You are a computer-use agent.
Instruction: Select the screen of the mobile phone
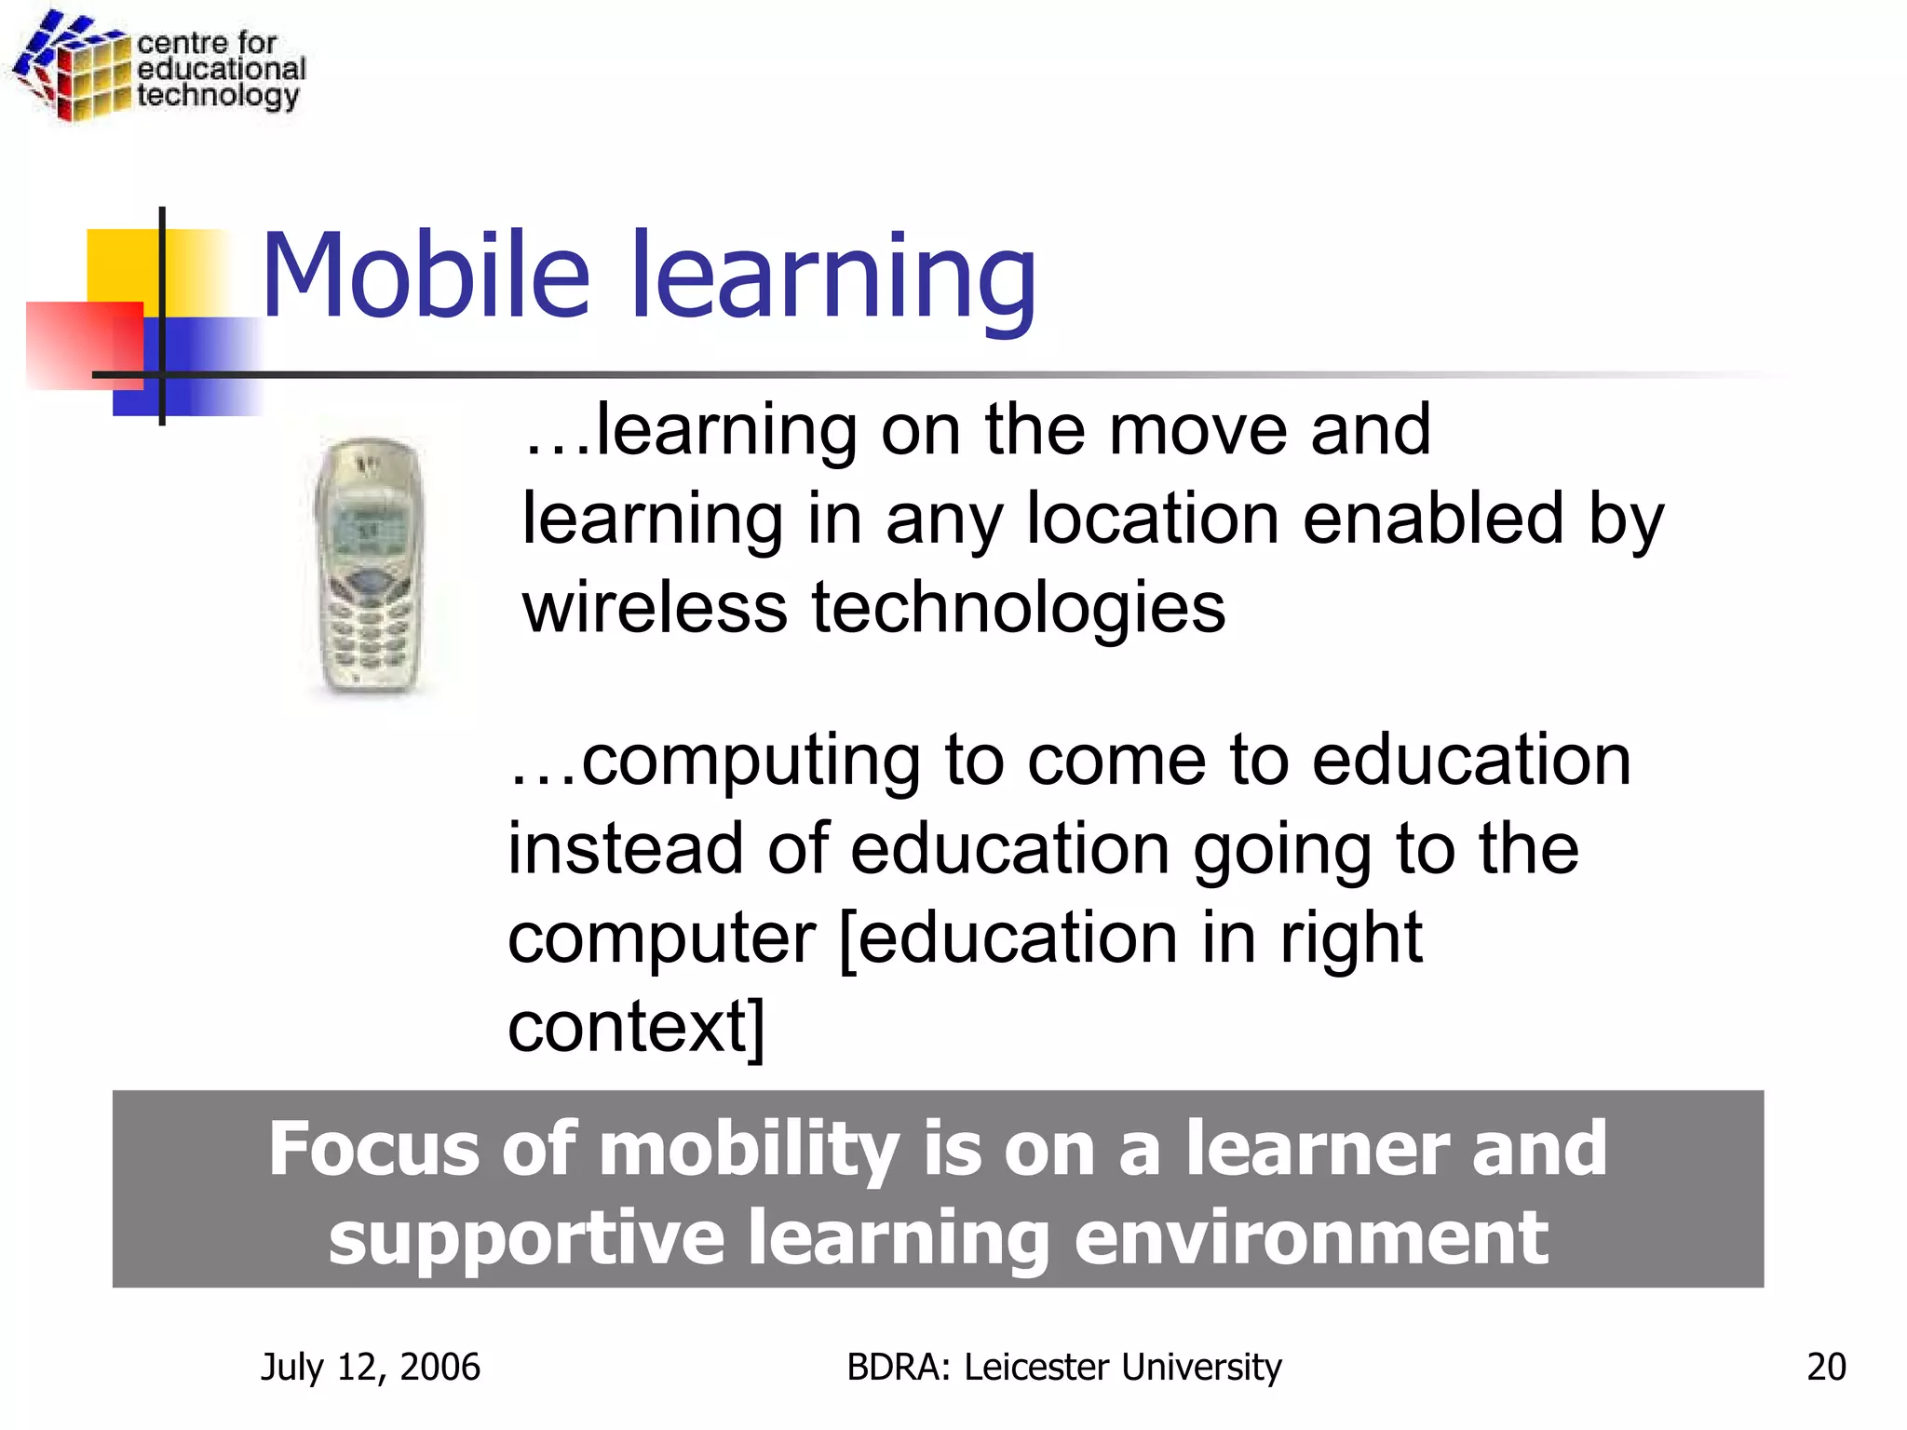(x=366, y=532)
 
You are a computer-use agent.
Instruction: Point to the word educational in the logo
(x=221, y=69)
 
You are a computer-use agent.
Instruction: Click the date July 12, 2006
(x=370, y=1367)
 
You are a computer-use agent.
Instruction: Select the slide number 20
(x=1825, y=1367)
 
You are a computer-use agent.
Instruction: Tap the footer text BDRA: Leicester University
(x=1063, y=1367)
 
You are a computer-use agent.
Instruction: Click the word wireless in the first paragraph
(x=655, y=607)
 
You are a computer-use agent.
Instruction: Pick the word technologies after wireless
(x=1018, y=607)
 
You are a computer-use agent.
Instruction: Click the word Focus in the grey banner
(x=372, y=1150)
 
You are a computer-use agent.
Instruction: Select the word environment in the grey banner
(x=1311, y=1238)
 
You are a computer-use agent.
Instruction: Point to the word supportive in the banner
(x=526, y=1240)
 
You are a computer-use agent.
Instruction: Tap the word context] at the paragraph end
(x=636, y=1026)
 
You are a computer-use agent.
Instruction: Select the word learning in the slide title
(x=833, y=277)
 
